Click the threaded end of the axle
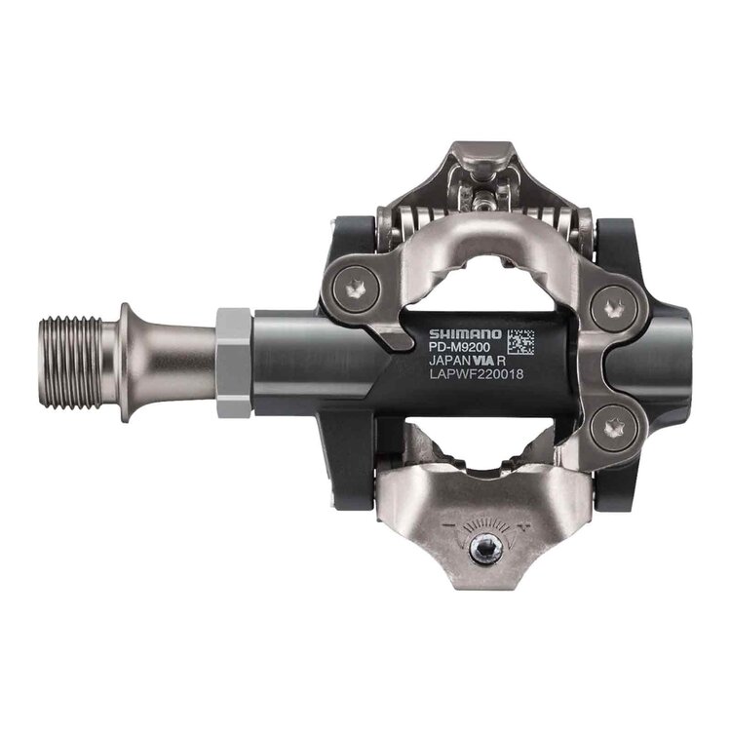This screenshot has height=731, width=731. click(x=75, y=362)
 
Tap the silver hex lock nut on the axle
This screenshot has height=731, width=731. click(x=233, y=362)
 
